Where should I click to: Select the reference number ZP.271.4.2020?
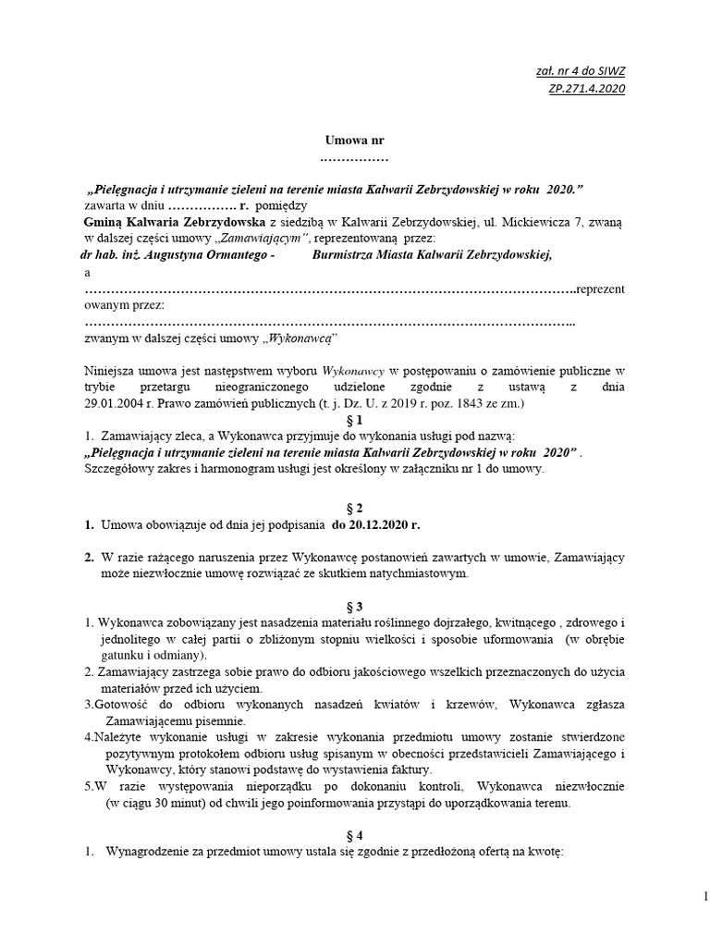tap(585, 88)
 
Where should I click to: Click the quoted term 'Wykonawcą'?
tap(298, 339)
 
